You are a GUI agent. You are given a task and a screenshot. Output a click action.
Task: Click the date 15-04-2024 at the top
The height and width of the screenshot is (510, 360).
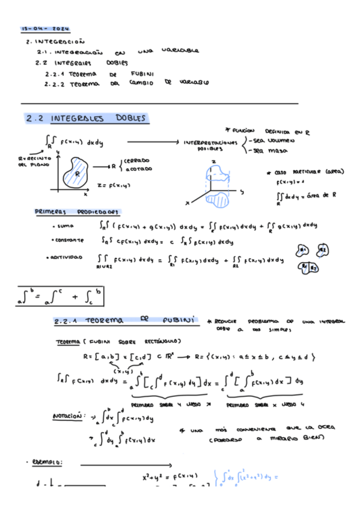[46, 29]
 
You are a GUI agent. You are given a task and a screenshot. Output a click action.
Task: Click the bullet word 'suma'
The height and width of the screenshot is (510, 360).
[63, 227]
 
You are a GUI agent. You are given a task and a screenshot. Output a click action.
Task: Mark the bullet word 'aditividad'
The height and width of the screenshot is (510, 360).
[70, 257]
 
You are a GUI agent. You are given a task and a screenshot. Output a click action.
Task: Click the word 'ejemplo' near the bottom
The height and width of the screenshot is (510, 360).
[50, 462]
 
